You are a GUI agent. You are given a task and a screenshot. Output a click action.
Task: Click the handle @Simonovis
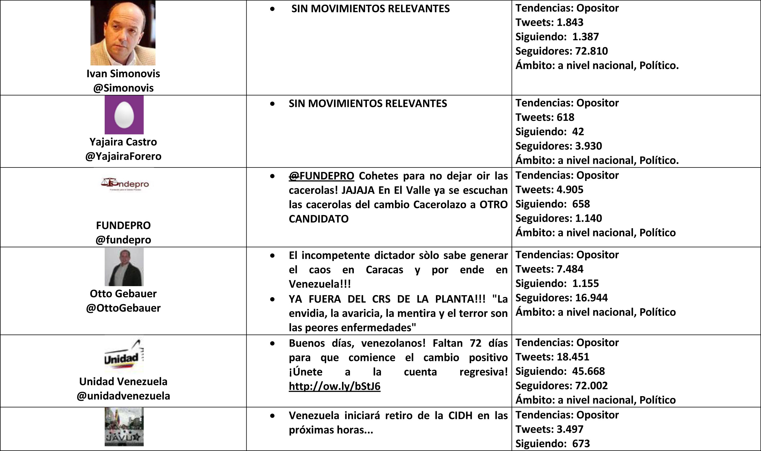pos(123,88)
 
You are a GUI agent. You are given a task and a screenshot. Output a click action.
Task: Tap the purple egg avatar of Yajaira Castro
pos(124,115)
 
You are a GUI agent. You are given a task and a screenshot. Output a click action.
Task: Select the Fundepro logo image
pos(125,184)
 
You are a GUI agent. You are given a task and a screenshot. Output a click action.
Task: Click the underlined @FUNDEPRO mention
pos(321,176)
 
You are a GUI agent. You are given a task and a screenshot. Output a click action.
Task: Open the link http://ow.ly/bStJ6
pos(334,386)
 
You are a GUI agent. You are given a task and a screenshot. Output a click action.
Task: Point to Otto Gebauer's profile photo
pos(124,267)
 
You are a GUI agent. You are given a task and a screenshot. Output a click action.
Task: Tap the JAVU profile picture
pos(124,427)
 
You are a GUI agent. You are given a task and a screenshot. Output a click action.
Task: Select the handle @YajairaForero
pos(123,156)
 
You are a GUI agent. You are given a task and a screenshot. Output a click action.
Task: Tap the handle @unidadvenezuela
pos(123,396)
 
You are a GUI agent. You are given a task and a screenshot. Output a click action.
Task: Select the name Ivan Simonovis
pos(123,74)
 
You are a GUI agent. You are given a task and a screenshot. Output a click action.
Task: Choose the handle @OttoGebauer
pos(123,308)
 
